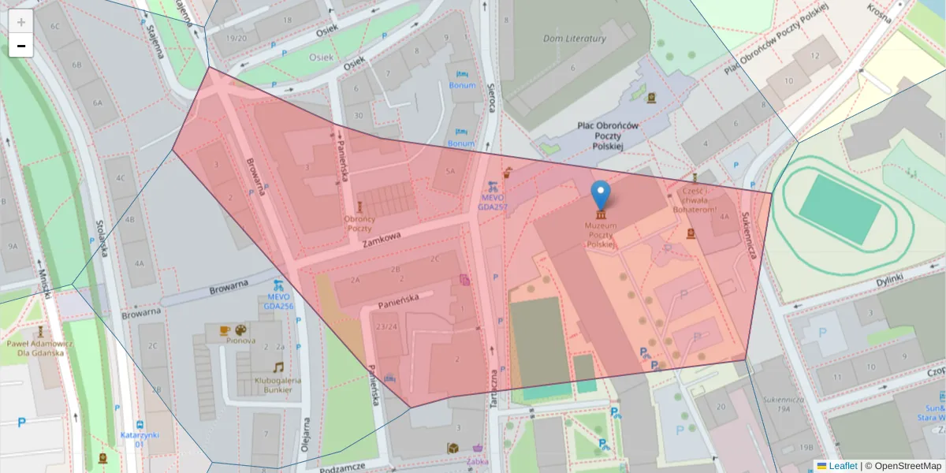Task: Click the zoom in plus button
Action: coord(21,22)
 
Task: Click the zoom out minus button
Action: coord(21,46)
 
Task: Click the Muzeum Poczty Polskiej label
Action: coord(601,235)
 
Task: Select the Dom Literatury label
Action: coord(575,39)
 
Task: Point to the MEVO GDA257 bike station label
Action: coord(492,203)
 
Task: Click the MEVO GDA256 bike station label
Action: coord(277,301)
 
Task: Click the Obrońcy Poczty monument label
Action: coord(359,223)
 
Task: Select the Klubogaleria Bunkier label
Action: coord(277,385)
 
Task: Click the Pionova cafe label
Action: coord(240,341)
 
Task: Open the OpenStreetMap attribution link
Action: coord(907,466)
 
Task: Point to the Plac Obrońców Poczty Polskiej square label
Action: coord(607,136)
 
